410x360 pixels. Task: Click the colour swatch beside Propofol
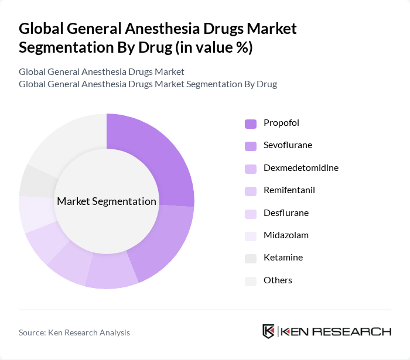(250, 124)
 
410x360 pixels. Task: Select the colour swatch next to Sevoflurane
(250, 146)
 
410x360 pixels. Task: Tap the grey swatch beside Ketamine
(250, 258)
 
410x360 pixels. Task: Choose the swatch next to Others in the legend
(250, 280)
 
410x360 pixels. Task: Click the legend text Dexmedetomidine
(300, 168)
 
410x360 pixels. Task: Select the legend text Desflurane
(286, 212)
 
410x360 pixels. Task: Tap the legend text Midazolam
(286, 235)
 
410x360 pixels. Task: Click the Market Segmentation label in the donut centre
(107, 201)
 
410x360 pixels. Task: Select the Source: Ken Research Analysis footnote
(74, 332)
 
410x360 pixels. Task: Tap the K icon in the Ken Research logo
(268, 331)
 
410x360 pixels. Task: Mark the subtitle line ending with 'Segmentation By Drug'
(148, 84)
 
